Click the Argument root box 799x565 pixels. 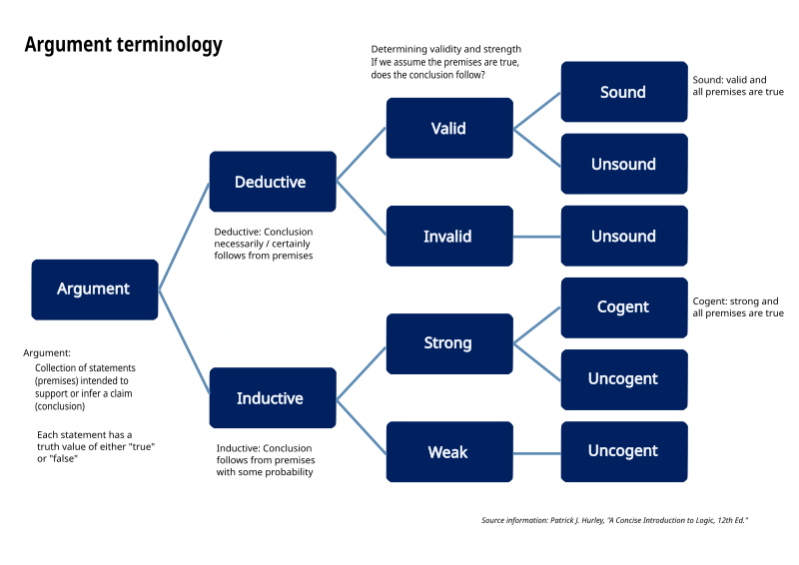coord(94,289)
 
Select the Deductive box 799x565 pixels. coord(271,182)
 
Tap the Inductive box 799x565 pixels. coord(271,398)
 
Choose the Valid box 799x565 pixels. coord(448,128)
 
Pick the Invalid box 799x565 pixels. coord(448,237)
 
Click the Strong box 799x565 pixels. coord(448,343)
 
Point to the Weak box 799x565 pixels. coord(448,452)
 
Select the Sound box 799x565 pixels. coord(623,92)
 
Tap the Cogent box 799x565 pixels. coord(623,307)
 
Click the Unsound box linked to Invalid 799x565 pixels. coord(623,237)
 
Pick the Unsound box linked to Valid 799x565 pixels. coord(623,164)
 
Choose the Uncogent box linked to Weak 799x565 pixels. coord(623,451)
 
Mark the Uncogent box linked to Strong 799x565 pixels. coord(623,379)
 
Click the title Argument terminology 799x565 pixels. coord(123,45)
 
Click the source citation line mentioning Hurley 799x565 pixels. coord(614,520)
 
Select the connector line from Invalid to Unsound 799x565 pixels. coord(536,237)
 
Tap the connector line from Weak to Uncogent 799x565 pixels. coord(536,452)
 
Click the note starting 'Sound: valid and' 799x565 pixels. coord(737,86)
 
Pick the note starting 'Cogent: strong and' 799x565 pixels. coord(737,307)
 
